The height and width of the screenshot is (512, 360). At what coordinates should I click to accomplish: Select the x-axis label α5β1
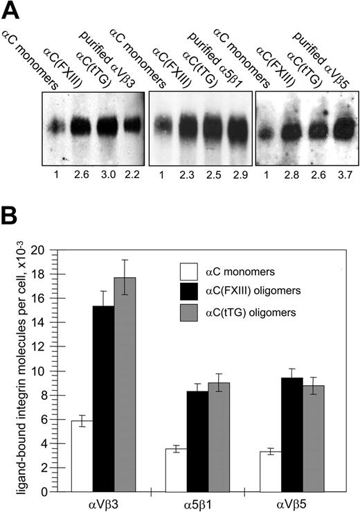197,504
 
